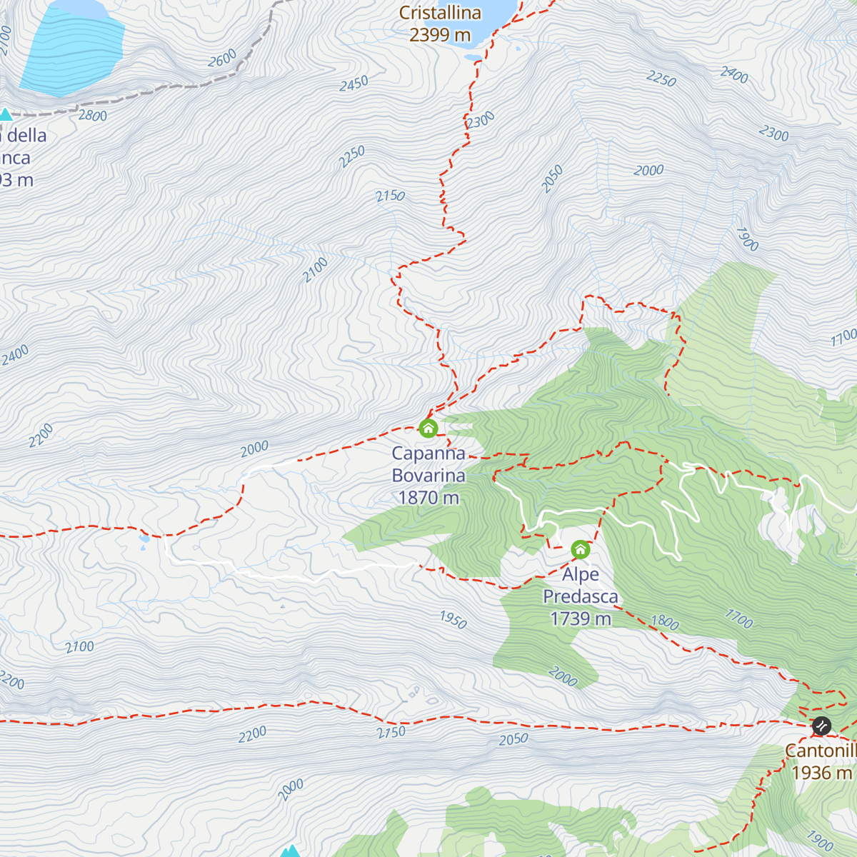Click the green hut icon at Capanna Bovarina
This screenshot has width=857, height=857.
(428, 428)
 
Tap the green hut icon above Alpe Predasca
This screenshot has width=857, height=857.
(581, 549)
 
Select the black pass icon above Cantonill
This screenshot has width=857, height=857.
(822, 726)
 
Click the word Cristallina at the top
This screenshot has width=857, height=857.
(440, 13)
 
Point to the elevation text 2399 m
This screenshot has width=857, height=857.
(440, 34)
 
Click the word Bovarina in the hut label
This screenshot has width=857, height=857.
(428, 476)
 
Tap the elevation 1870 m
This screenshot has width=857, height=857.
(428, 498)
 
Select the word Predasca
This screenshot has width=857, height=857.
(581, 596)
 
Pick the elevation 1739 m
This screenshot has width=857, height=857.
(581, 618)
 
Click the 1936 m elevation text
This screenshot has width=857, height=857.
(822, 773)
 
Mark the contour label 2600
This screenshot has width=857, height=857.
(222, 59)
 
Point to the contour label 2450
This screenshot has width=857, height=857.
(354, 84)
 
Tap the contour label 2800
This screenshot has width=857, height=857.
(92, 116)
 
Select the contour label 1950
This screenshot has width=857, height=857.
(453, 619)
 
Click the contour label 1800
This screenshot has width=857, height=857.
(664, 622)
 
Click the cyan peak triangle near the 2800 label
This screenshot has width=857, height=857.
(6, 114)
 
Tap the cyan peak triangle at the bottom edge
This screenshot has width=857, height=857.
(289, 851)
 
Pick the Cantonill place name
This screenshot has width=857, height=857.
(821, 751)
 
